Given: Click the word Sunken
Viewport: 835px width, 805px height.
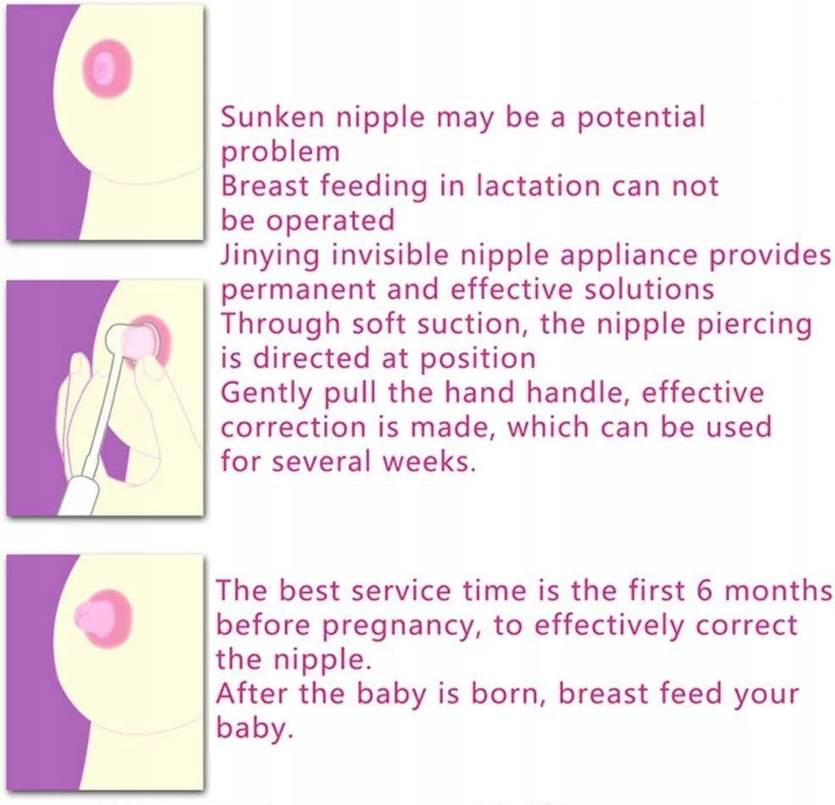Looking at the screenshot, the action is point(272,116).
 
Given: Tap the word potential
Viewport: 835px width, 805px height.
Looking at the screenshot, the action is point(641,118).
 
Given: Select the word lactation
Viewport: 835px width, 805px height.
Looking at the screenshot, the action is point(539,186).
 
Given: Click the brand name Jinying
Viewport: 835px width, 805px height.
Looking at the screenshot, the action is point(270,256).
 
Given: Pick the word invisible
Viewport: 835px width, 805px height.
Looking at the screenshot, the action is point(389,255).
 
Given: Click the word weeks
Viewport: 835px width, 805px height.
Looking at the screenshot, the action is point(429,461).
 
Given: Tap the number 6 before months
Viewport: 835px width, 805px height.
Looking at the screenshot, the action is point(703,591).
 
